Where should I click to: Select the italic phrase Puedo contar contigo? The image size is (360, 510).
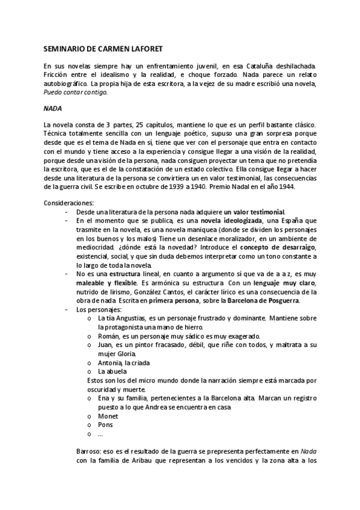tap(76, 92)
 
